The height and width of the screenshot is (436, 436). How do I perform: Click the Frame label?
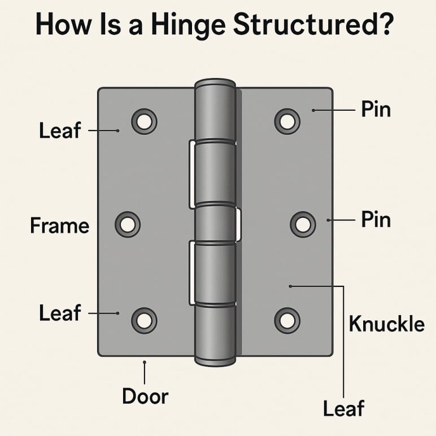59,226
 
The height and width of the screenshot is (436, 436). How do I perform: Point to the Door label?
145,396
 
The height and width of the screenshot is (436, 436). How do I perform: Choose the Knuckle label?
386,324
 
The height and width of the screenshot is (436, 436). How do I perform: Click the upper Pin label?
376,110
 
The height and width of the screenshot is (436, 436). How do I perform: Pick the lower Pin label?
376,219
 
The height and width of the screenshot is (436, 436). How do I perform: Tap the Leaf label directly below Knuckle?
343,408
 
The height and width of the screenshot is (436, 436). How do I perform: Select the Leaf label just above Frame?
60,131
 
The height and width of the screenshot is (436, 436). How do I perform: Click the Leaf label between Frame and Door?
60,312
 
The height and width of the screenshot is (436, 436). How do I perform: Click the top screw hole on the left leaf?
144,121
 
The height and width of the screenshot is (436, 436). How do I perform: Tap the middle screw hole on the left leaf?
128,224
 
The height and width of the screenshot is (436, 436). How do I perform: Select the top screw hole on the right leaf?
287,120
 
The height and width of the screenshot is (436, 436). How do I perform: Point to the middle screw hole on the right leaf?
303,224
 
